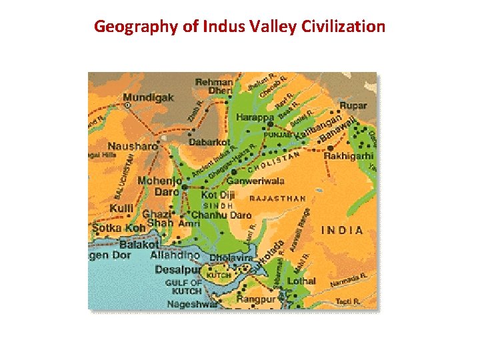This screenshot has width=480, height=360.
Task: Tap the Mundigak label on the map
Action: coord(149,97)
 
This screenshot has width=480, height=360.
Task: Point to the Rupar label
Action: coord(353,105)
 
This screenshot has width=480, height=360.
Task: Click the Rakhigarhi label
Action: coord(349,155)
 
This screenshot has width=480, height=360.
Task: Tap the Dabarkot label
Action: coord(209,142)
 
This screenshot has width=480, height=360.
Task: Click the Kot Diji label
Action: coord(217,195)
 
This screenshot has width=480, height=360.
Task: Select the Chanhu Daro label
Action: coord(221,215)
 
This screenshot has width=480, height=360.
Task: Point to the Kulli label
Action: coord(121,209)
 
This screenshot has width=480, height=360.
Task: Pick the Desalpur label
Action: coord(177,270)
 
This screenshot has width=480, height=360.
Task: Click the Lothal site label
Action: coord(301,281)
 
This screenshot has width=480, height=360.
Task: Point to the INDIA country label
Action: coord(342,230)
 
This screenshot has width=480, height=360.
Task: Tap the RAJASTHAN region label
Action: coord(277,198)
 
